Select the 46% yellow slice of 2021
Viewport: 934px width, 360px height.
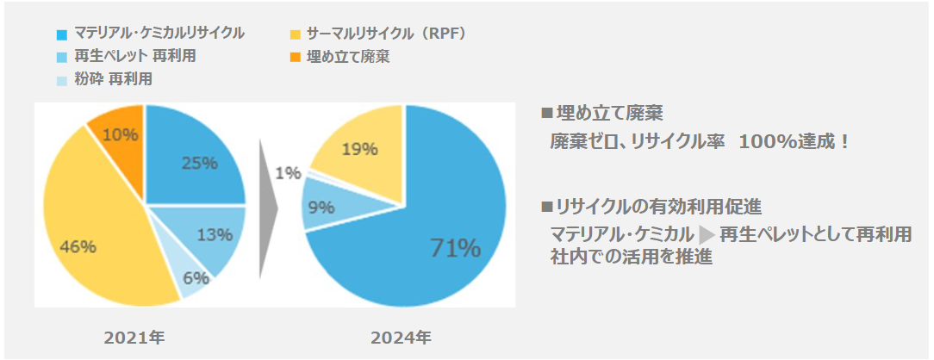pos(95,233)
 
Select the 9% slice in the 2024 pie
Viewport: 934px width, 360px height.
pos(323,207)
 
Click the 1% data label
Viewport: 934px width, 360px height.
pos(289,173)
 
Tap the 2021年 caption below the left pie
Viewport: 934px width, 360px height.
pos(134,338)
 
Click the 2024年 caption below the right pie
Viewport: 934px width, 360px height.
pos(402,338)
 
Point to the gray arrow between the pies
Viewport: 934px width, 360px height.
pos(268,208)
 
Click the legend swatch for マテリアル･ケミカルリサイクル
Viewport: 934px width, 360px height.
pos(61,34)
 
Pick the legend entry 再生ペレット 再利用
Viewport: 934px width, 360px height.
pos(128,57)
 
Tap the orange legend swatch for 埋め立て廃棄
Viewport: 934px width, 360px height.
pos(295,58)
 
